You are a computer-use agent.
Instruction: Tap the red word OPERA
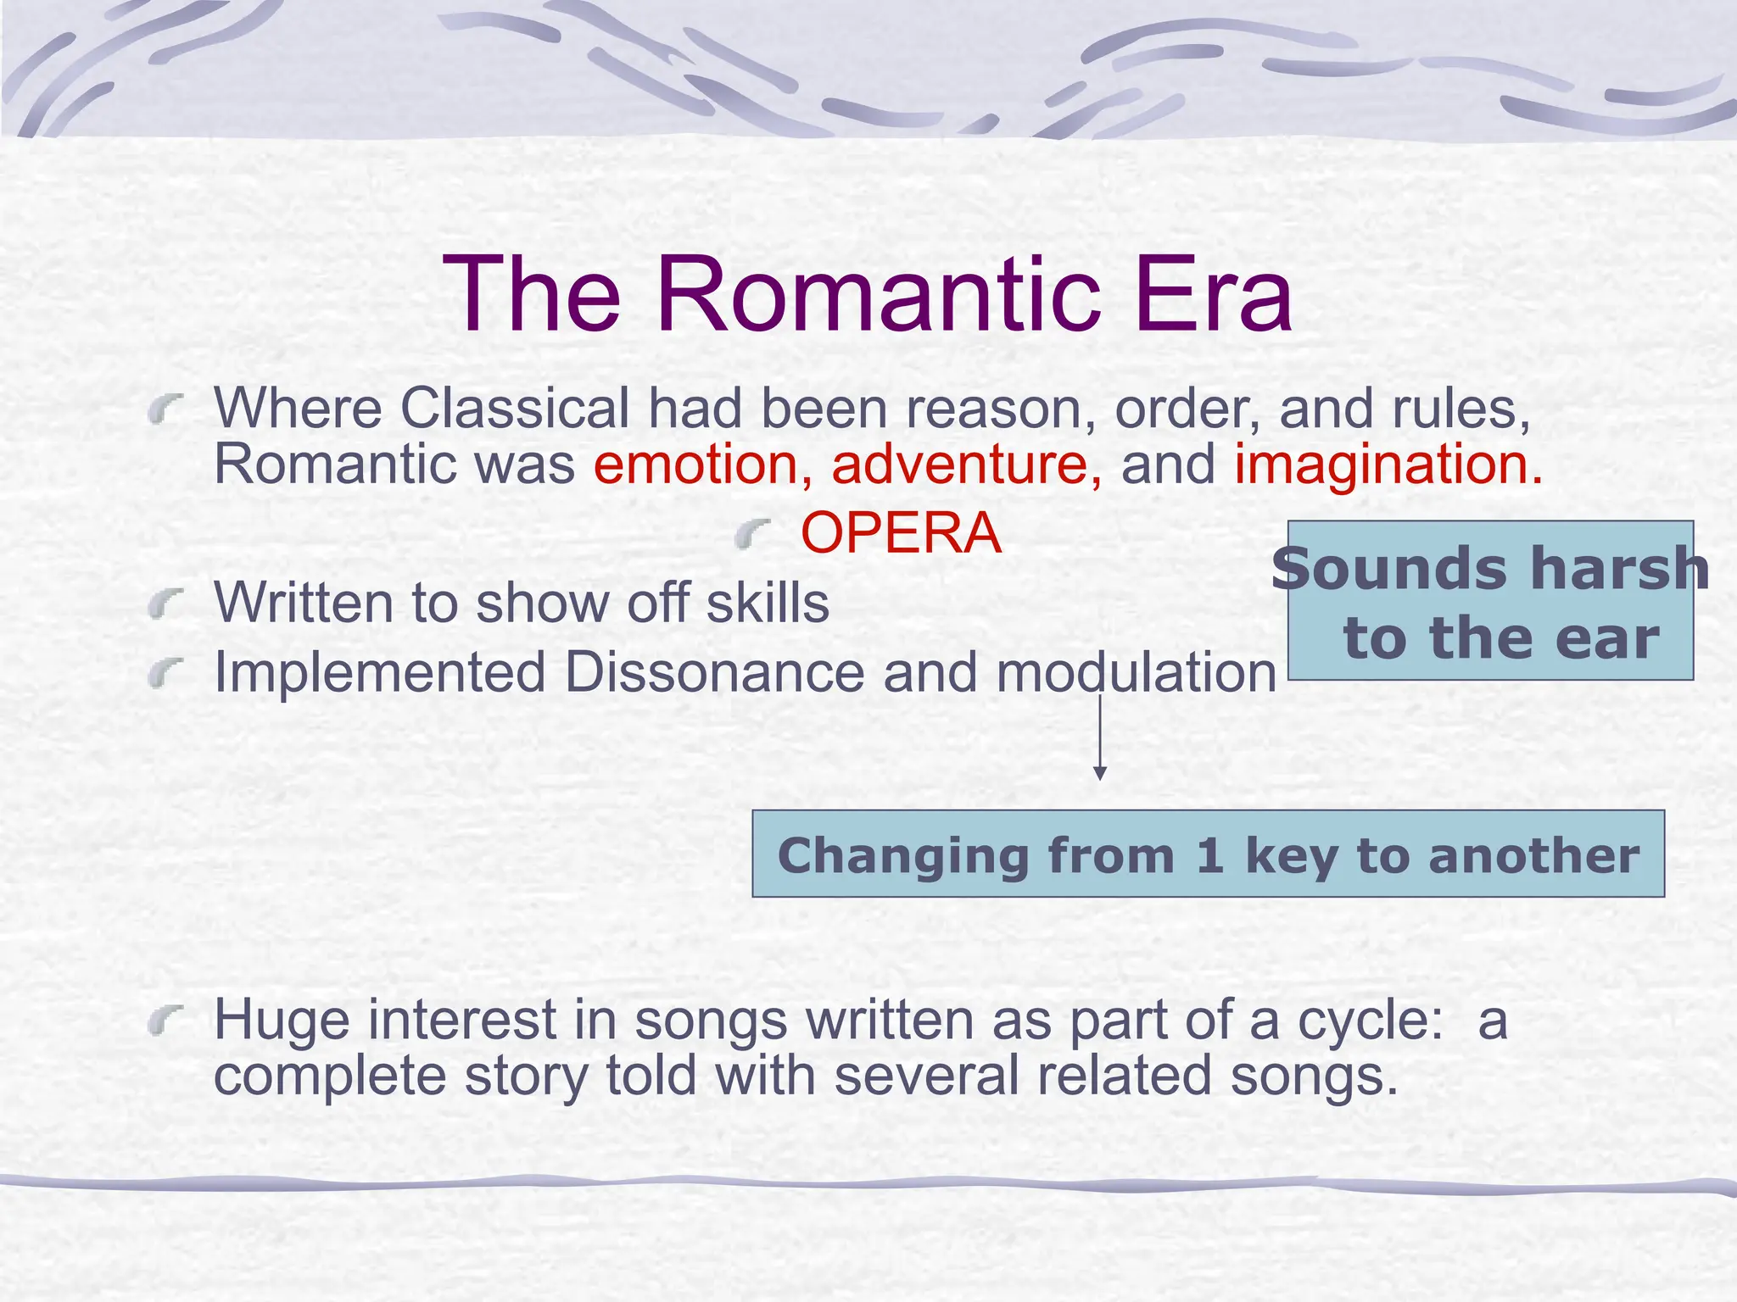coord(901,533)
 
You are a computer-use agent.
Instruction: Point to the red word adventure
coord(966,465)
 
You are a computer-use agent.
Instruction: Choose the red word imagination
coord(1388,465)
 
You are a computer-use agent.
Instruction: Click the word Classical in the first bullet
coord(514,409)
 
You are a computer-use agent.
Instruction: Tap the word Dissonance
coord(714,672)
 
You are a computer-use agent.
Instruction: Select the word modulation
coord(1136,672)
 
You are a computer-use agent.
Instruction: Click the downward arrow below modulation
coord(1100,737)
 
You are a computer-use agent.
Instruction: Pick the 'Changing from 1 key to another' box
coord(1208,854)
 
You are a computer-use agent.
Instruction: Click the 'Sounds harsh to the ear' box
coord(1490,601)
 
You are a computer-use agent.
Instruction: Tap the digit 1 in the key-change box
coord(1209,855)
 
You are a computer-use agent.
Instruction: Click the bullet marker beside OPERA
coord(752,535)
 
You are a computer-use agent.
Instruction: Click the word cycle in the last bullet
coord(1370,1020)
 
